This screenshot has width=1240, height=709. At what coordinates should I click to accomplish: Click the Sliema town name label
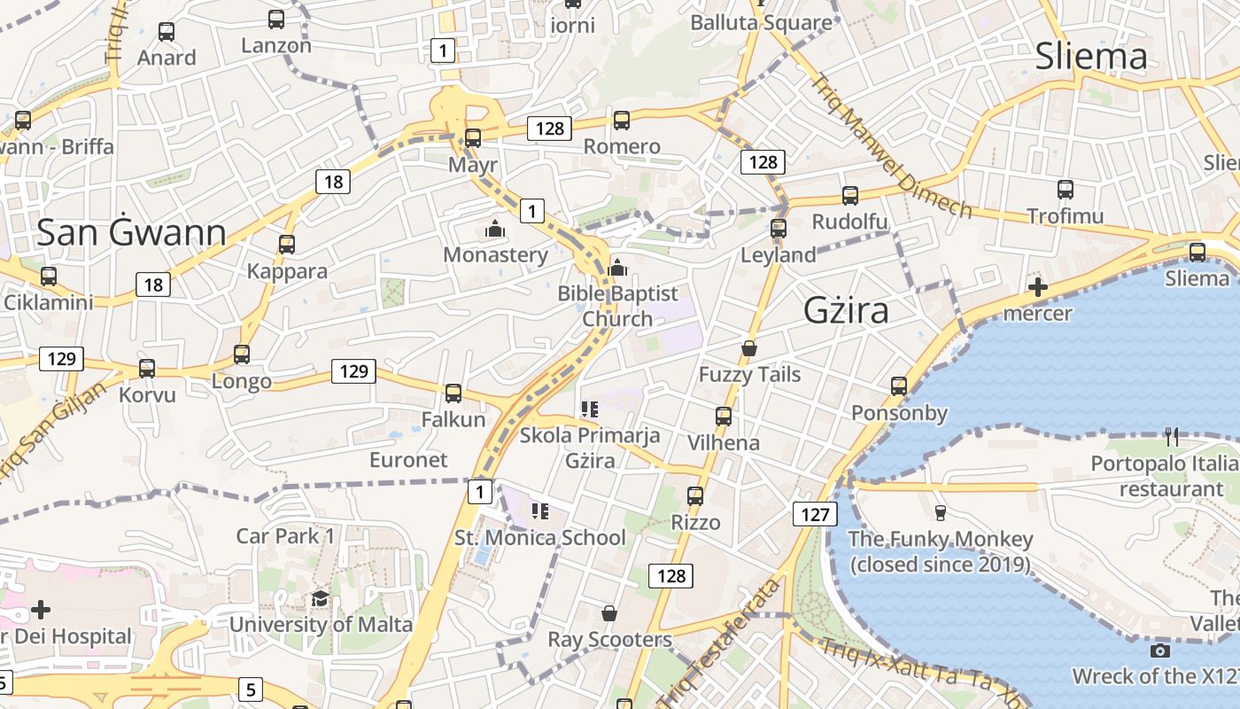click(1091, 57)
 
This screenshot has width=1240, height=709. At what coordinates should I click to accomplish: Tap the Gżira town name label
click(846, 310)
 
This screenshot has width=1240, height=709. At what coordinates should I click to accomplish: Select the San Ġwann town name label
click(131, 232)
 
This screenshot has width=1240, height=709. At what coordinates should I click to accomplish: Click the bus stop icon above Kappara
click(287, 245)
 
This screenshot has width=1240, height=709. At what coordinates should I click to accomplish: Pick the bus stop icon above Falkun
click(453, 393)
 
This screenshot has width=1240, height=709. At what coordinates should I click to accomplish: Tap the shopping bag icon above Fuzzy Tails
click(749, 348)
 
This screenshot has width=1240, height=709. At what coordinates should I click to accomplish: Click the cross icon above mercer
click(1038, 287)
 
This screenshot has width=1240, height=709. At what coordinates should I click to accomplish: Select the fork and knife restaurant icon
click(1172, 436)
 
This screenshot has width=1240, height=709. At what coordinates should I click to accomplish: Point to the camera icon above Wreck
click(1159, 651)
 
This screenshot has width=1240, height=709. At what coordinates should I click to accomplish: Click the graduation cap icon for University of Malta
click(320, 599)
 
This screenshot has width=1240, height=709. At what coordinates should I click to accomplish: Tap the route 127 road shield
click(814, 514)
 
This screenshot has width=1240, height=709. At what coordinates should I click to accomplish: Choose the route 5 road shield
click(250, 689)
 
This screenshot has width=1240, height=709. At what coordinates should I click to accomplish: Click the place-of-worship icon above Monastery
click(494, 230)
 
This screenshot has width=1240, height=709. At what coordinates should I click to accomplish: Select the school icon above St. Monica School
click(539, 511)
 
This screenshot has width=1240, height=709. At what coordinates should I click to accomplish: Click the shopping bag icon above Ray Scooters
click(609, 613)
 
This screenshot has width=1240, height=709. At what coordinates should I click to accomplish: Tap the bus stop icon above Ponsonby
click(899, 386)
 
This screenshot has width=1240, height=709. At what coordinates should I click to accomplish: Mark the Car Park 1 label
click(285, 535)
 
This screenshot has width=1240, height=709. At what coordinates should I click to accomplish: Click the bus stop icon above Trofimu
click(1066, 190)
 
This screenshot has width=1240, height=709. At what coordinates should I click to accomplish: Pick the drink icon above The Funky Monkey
click(941, 512)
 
